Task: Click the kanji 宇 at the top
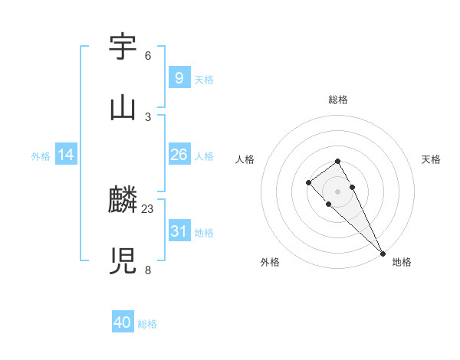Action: point(123,47)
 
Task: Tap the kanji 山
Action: point(123,107)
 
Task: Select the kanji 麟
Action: point(123,201)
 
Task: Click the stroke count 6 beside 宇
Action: point(148,56)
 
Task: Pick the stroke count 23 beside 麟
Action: point(148,209)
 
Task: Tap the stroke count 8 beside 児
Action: point(148,270)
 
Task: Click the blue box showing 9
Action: point(179,77)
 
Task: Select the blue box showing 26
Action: point(179,155)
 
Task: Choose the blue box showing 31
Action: point(179,231)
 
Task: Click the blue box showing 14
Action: point(66,155)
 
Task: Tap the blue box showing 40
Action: point(123,322)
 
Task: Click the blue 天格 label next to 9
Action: point(204,79)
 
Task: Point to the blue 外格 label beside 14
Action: point(41,156)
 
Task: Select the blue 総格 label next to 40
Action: point(147,324)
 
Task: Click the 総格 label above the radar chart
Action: point(338,100)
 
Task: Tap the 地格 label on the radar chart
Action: point(402,263)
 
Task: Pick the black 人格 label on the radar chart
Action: point(245,159)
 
